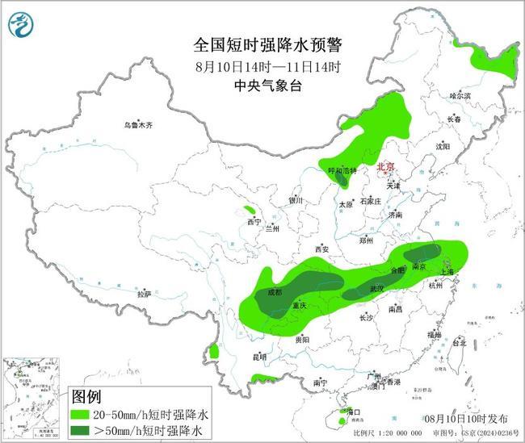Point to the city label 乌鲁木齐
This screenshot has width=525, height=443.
click(138, 125)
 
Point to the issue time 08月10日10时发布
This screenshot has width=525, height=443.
click(466, 419)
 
